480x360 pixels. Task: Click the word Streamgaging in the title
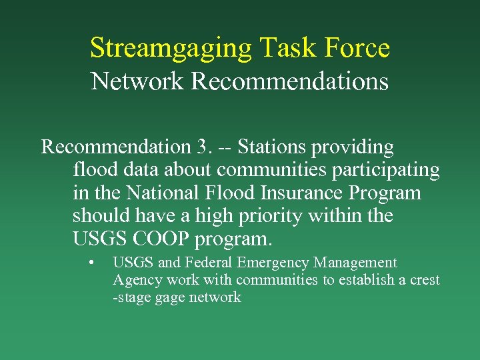point(171,49)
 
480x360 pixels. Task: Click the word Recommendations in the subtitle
point(289,81)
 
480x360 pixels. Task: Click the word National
point(163,193)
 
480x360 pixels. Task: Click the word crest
point(425,280)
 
